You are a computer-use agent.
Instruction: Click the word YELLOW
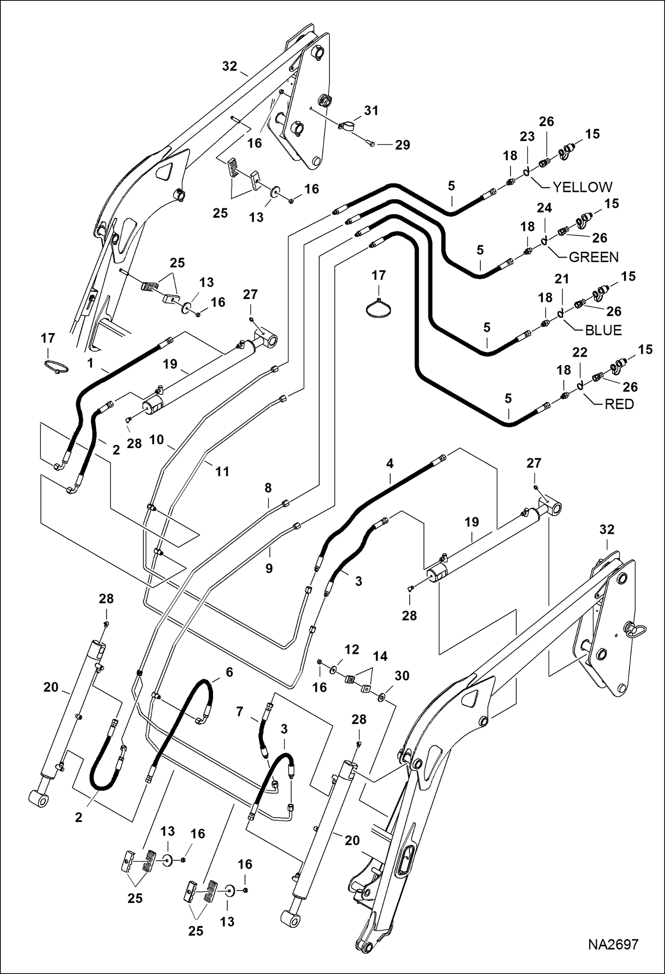pyautogui.click(x=582, y=187)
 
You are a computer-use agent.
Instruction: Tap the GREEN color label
pyautogui.click(x=594, y=257)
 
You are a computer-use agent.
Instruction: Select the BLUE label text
pyautogui.click(x=603, y=330)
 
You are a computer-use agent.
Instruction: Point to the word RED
pyautogui.click(x=619, y=404)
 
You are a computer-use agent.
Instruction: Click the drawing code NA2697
pyautogui.click(x=613, y=944)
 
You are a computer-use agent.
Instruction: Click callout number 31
pyautogui.click(x=371, y=111)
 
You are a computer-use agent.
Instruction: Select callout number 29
pyautogui.click(x=403, y=145)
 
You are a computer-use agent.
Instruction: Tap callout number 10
pyautogui.click(x=156, y=440)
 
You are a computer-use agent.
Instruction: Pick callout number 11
pyautogui.click(x=222, y=471)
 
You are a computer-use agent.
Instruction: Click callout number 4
pyautogui.click(x=390, y=464)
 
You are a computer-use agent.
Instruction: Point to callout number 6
pyautogui.click(x=229, y=672)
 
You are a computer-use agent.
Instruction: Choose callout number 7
pyautogui.click(x=240, y=712)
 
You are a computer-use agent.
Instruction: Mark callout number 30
pyautogui.click(x=402, y=676)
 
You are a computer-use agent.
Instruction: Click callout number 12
pyautogui.click(x=352, y=650)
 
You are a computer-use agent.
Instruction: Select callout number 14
pyautogui.click(x=380, y=656)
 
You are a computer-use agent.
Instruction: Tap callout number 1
pyautogui.click(x=91, y=363)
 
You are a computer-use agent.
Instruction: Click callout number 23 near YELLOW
pyautogui.click(x=527, y=137)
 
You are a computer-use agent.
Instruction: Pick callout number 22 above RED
pyautogui.click(x=580, y=353)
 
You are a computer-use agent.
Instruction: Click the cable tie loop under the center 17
pyautogui.click(x=379, y=309)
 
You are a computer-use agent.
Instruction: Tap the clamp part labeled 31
pyautogui.click(x=345, y=126)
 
